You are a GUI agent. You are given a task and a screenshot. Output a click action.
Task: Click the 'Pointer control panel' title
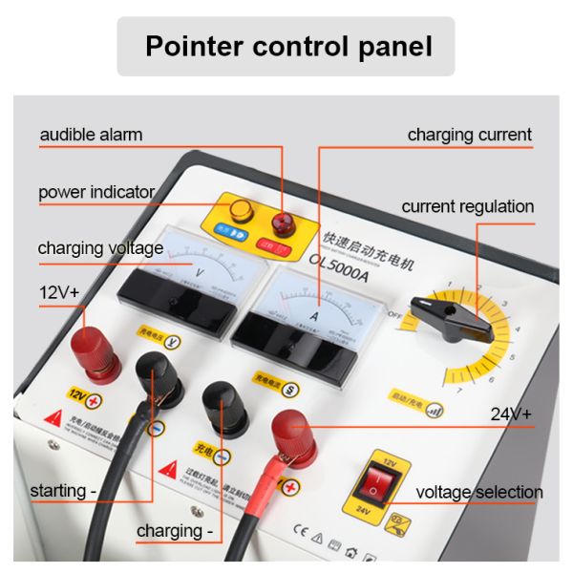click(287, 46)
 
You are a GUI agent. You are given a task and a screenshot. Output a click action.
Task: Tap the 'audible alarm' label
click(91, 135)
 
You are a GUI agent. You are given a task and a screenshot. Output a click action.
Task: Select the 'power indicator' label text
click(96, 192)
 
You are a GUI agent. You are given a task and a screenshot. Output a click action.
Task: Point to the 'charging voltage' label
click(100, 249)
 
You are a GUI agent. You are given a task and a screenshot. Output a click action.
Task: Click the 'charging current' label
click(469, 135)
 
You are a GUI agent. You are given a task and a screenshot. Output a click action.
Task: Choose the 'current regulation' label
click(467, 206)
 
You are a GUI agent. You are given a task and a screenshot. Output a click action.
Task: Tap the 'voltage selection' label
click(479, 493)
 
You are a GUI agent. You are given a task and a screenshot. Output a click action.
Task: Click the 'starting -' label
click(65, 492)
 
